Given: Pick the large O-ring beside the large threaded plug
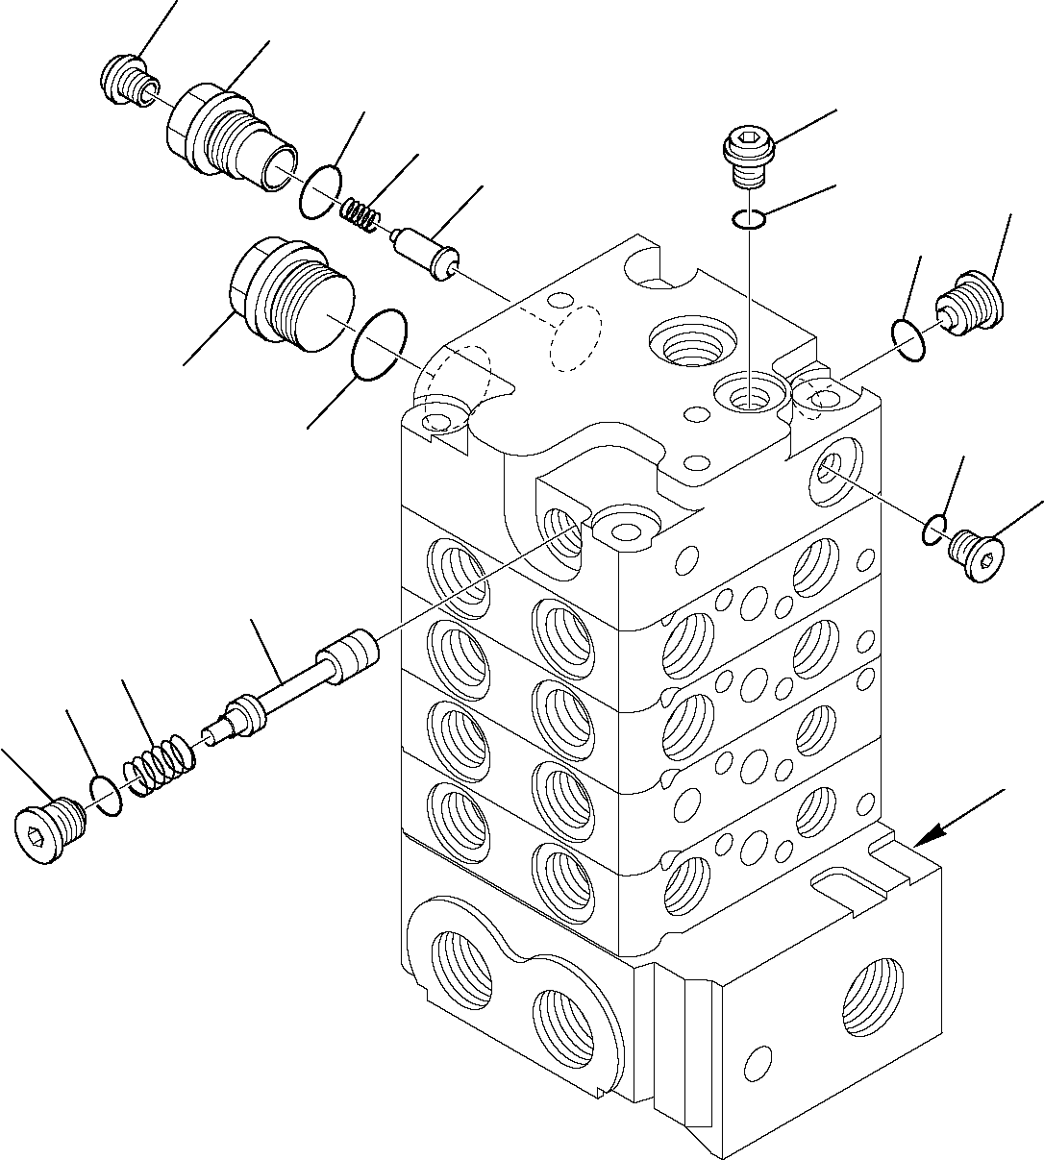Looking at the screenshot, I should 382,345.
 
